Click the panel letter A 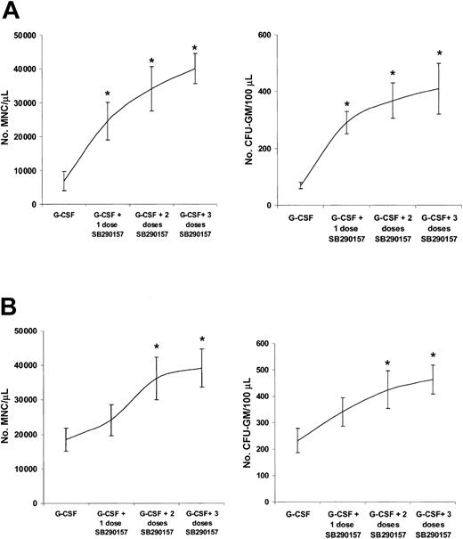pos(12,11)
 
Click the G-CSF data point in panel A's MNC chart pos(63,182)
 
